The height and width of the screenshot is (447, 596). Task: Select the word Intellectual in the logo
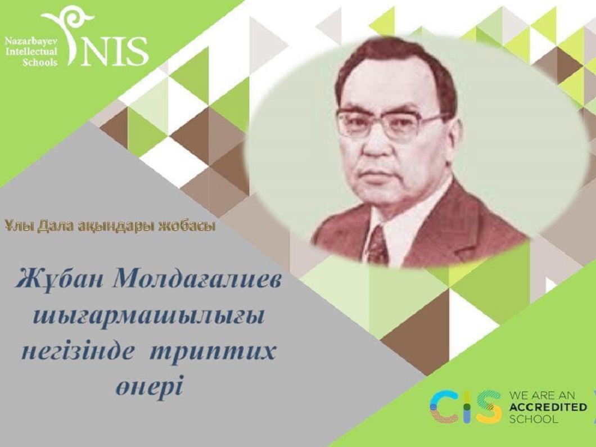(31, 52)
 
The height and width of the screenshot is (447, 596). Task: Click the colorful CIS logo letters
(464, 407)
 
